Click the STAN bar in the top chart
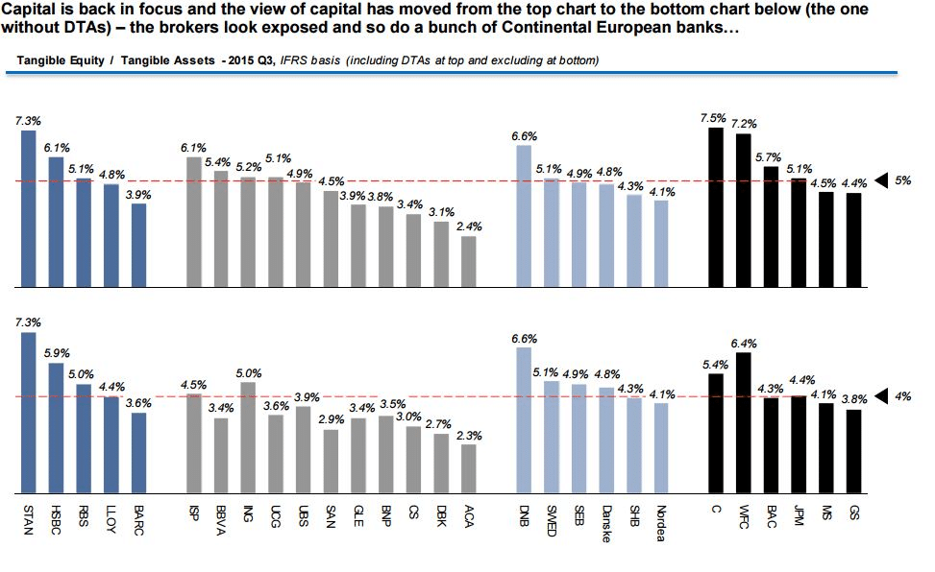[28, 208]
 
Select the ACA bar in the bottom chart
[468, 466]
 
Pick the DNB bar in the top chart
[524, 215]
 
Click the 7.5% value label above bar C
[714, 118]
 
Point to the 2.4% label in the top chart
[470, 226]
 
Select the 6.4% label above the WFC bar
[744, 343]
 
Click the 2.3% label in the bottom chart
[470, 435]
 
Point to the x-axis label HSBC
[56, 517]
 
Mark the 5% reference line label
[902, 180]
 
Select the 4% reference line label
[902, 395]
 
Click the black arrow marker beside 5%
[881, 180]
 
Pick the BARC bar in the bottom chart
[139, 451]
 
